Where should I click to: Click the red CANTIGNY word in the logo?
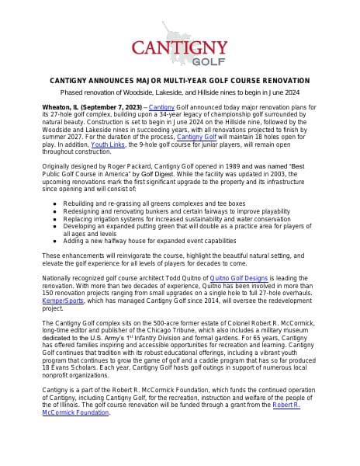pos(180,47)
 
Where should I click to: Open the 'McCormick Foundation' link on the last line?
pos(75,412)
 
